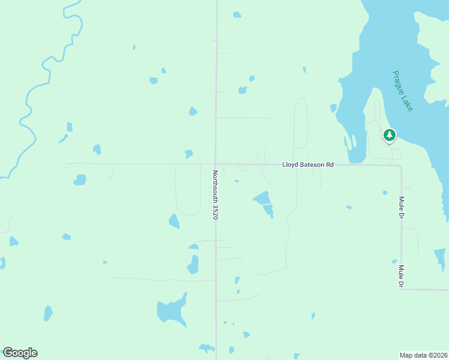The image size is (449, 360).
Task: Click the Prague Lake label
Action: point(403,91)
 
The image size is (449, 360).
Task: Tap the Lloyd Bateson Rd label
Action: point(307,164)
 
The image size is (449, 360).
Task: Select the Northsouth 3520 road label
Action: point(214,194)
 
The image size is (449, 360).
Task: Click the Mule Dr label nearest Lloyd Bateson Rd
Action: point(401,207)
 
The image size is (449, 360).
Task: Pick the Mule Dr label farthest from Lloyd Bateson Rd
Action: point(400,277)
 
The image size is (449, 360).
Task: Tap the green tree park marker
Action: point(390,135)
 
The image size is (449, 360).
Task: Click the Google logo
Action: point(20,353)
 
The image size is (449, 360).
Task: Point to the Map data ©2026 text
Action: point(423,355)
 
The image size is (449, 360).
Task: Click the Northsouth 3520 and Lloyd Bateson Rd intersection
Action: point(216,163)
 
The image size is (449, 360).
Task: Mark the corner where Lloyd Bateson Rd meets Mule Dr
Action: point(400,166)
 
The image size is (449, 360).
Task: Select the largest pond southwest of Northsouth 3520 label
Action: point(171,310)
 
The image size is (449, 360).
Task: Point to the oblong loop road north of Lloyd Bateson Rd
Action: point(301,123)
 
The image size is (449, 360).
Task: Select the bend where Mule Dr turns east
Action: point(402,289)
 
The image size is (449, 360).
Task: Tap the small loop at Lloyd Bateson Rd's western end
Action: point(67,164)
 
